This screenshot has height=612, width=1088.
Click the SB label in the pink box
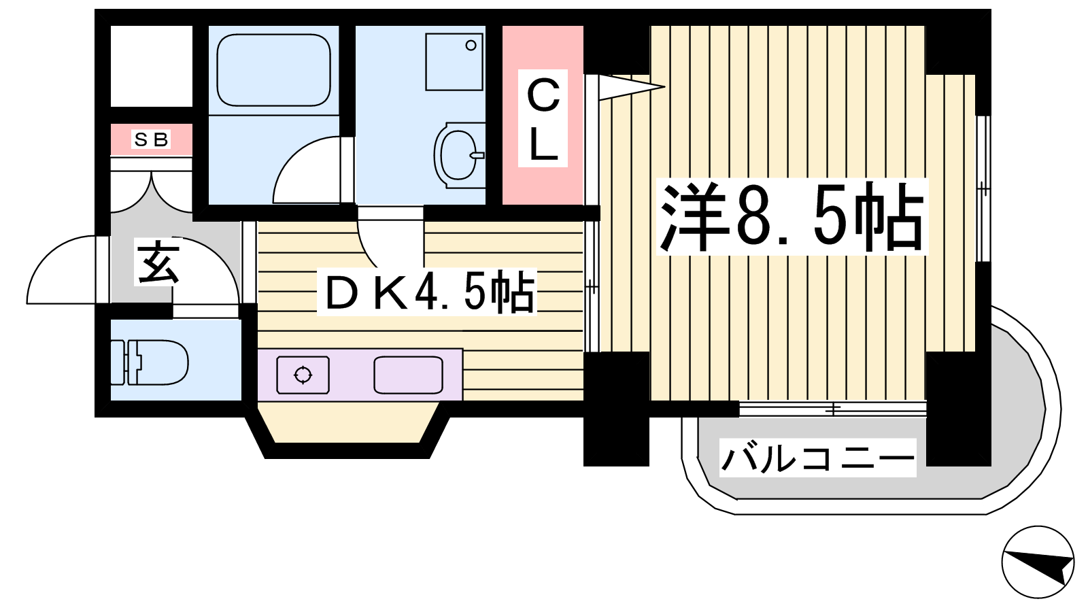click(x=151, y=140)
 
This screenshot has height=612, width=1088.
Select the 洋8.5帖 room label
click(x=792, y=217)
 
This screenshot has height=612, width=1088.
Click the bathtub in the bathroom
click(x=274, y=70)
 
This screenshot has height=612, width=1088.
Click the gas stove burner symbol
click(x=303, y=375)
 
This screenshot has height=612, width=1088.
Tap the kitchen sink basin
click(x=408, y=375)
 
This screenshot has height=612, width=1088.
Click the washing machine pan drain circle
click(x=471, y=46)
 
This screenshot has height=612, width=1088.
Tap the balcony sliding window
click(x=832, y=409)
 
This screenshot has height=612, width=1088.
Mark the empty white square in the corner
click(x=152, y=66)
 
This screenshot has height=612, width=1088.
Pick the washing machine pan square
click(x=454, y=62)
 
